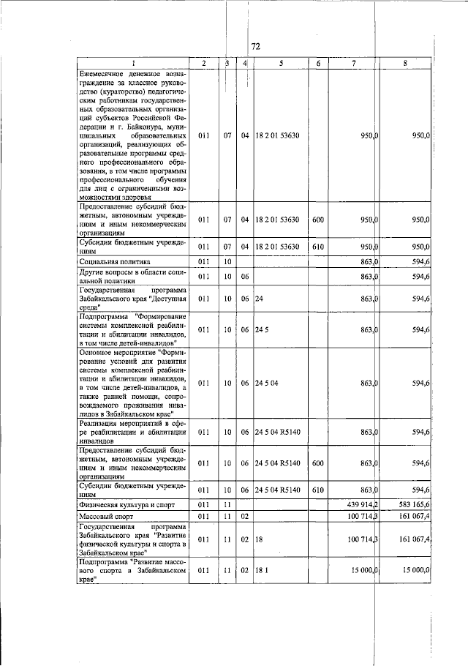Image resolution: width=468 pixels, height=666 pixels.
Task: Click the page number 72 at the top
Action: coord(256,47)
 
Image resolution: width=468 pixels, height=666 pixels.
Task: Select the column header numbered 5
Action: coord(281,64)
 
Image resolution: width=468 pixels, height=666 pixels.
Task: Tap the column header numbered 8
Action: coord(404,64)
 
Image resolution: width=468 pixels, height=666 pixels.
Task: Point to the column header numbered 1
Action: coord(133,64)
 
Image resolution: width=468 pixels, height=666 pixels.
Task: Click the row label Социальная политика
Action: coord(114,261)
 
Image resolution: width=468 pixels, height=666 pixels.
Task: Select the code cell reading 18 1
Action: coord(263,570)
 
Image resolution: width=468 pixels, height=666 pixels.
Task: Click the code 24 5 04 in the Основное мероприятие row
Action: coord(266,383)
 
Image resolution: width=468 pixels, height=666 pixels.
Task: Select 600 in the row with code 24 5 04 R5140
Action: coord(317,463)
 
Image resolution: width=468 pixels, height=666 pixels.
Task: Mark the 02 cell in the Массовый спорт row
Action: coord(245,517)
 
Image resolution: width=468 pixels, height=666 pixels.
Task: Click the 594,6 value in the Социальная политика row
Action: coord(420,261)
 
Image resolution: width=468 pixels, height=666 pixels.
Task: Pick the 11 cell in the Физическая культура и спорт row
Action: coord(227,504)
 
